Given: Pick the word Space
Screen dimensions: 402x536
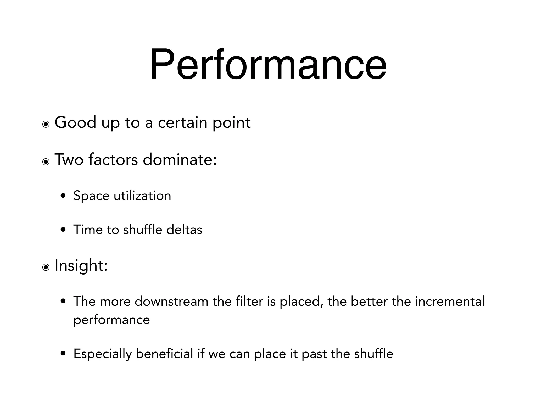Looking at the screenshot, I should pos(91,196).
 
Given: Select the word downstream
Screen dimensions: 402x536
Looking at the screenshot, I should pos(171,301).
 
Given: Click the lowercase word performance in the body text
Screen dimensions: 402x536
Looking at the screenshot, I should pos(111,320).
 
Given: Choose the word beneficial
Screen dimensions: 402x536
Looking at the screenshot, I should pos(164,354).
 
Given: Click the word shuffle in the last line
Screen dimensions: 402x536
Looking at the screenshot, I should pos(373,354).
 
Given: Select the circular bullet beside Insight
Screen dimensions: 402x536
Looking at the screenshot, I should pos(46,267).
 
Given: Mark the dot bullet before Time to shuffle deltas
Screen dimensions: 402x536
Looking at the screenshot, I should pos(63,230).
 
